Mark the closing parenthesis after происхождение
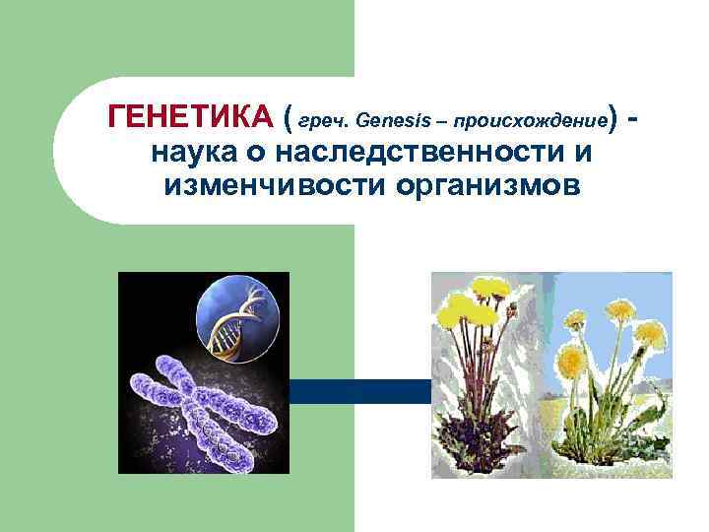613,119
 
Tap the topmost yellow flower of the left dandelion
487,288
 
